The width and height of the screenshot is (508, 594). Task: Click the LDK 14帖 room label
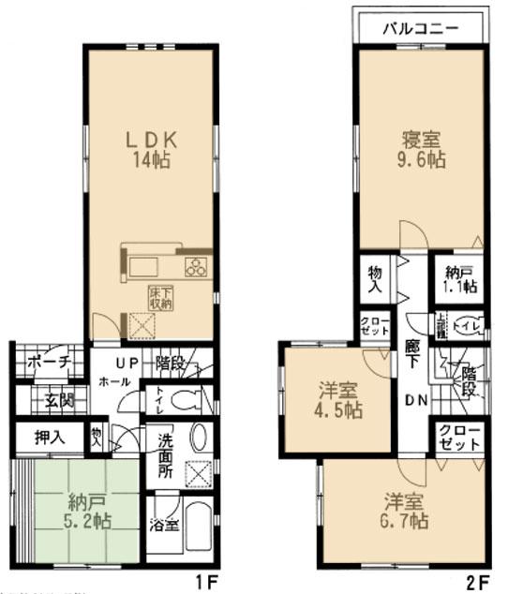pos(152,148)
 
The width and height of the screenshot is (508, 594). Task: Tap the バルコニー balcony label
pos(419,28)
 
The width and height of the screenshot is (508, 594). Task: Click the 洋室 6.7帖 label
pos(404,508)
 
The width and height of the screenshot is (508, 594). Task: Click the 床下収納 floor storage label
pos(160,298)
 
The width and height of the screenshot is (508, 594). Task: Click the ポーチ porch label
pos(45,363)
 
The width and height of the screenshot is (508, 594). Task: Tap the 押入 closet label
pos(49,438)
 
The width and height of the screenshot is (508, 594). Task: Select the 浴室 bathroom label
pos(165,526)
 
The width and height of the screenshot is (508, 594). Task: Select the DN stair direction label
pos(414,400)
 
